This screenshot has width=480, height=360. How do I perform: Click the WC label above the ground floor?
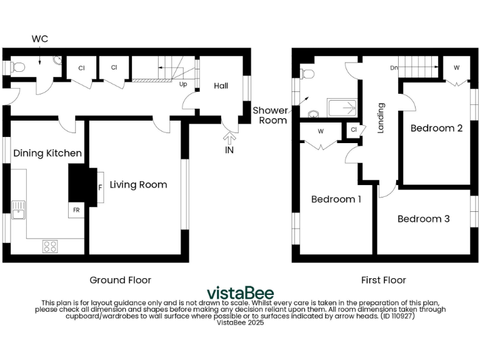click(40, 39)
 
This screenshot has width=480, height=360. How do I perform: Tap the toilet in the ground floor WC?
click(17, 67)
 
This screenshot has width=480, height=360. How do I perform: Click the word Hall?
click(221, 86)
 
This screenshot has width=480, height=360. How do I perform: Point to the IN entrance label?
click(229, 150)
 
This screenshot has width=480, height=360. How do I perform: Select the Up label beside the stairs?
click(183, 84)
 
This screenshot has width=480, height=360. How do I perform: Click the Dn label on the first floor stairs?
click(394, 67)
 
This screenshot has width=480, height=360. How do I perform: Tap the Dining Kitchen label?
click(47, 153)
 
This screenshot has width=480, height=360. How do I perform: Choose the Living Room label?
click(138, 184)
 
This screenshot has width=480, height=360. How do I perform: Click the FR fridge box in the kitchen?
click(76, 210)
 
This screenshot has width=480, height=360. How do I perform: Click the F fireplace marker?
click(99, 187)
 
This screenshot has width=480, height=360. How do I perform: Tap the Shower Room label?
click(270, 115)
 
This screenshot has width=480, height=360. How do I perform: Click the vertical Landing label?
click(380, 118)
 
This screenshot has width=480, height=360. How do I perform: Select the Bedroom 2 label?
click(436, 128)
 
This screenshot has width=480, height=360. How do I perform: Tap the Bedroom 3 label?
click(424, 219)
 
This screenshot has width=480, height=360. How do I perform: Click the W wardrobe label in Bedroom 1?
click(320, 131)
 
